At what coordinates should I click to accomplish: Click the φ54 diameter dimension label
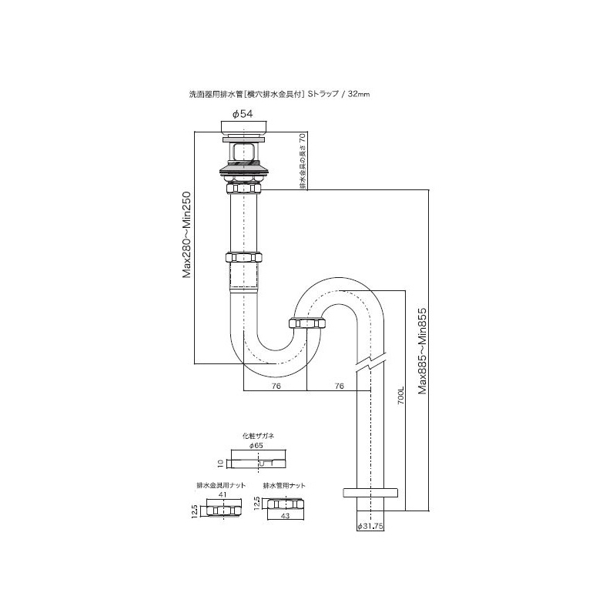tap(243, 114)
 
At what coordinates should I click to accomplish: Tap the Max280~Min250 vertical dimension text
tap(186, 235)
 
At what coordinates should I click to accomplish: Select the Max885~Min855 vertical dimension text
tap(422, 351)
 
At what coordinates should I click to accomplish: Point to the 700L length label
tap(400, 396)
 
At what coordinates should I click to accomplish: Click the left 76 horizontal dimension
tap(276, 386)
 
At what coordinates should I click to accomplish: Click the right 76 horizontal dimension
tap(340, 386)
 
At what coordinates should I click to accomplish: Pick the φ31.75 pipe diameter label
tap(370, 527)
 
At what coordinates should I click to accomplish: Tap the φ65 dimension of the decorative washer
tap(256, 446)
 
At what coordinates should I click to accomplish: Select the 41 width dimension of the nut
tap(223, 494)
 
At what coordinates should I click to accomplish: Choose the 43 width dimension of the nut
tap(286, 515)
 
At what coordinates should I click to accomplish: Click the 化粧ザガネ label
tap(258, 436)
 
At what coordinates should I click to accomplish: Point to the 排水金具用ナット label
tap(221, 485)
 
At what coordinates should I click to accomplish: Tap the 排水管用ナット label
tap(284, 485)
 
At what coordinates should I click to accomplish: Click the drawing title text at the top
tap(280, 94)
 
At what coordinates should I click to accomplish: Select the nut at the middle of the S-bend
tap(307, 323)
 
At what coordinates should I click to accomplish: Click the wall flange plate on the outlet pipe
tap(370, 492)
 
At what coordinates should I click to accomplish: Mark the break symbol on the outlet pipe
tap(370, 363)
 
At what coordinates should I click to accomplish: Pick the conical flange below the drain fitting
tap(244, 169)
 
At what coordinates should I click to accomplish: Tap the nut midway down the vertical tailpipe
tap(244, 258)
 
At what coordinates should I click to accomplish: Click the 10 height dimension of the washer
tap(221, 464)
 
